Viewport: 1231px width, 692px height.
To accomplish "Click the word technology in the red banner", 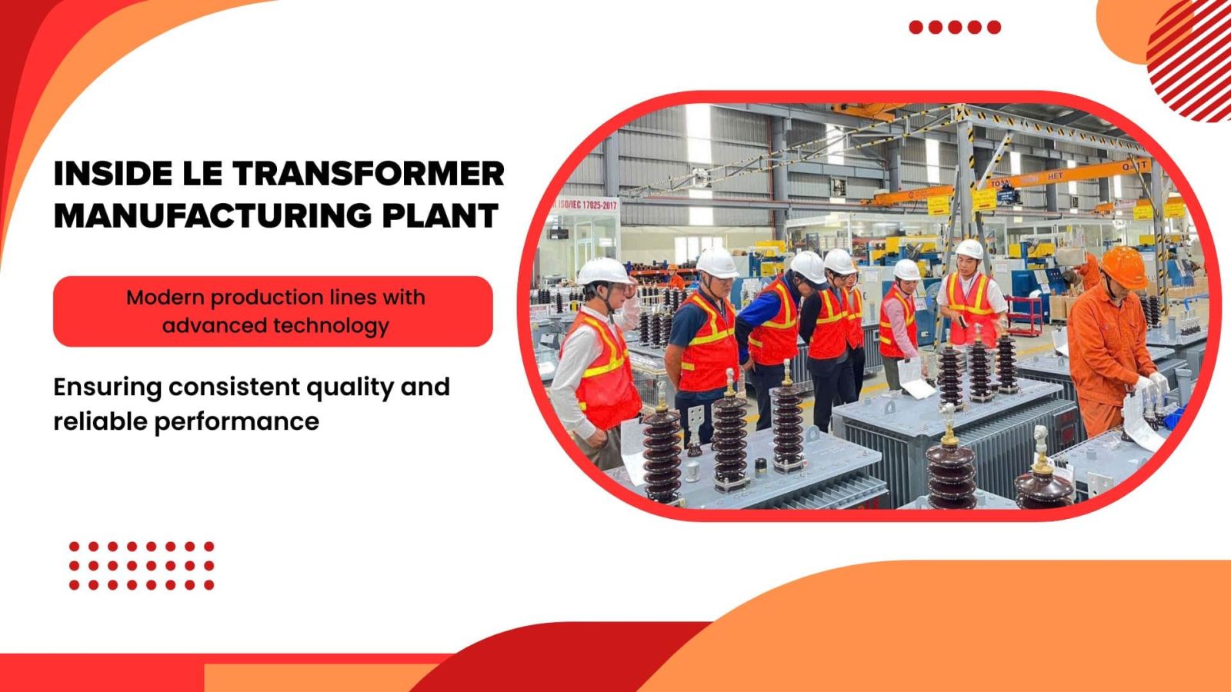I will tap(331, 325).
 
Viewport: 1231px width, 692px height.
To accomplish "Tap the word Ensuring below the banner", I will tap(108, 387).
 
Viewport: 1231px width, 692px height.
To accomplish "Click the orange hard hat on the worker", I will tap(1124, 264).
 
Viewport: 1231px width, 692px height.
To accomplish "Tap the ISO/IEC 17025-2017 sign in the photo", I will tap(586, 205).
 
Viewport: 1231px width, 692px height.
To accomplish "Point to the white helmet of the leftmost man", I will tap(604, 271).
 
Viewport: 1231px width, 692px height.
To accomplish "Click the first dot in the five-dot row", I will tap(916, 27).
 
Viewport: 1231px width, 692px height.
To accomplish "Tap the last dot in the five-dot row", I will tap(994, 27).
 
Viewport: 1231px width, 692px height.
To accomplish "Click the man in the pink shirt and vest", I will tap(900, 323).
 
